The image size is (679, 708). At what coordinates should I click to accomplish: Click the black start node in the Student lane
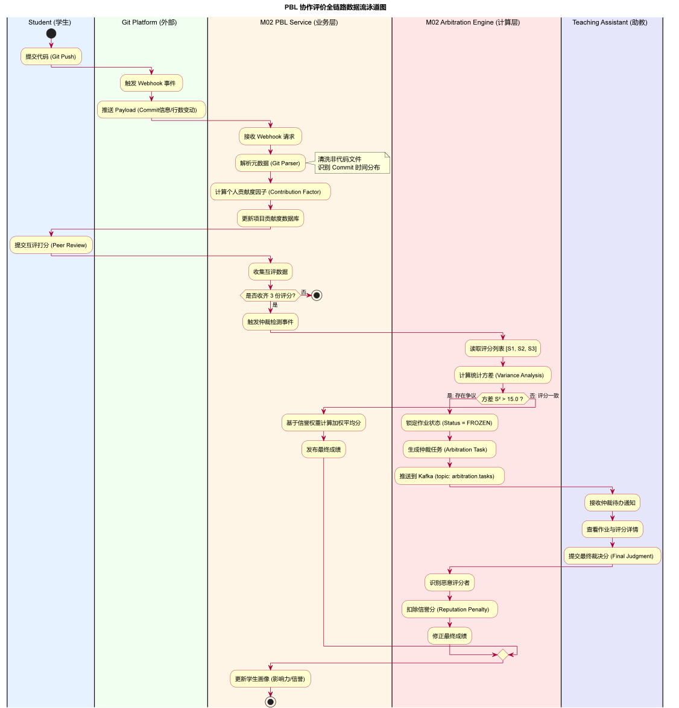click(x=51, y=34)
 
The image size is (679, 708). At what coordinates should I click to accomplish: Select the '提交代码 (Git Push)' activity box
click(x=51, y=57)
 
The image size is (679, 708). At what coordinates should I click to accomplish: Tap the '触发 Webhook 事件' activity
click(x=151, y=83)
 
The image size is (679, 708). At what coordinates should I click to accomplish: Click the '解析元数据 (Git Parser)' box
click(x=270, y=163)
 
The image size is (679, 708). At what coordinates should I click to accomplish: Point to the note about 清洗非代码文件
click(x=352, y=163)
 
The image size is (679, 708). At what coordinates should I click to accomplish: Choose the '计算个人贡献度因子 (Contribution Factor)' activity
click(x=270, y=192)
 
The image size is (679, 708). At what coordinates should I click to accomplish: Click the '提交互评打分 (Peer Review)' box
click(x=51, y=245)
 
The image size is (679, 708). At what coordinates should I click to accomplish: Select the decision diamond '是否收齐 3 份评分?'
click(x=270, y=296)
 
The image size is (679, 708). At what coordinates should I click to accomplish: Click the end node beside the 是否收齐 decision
click(x=317, y=296)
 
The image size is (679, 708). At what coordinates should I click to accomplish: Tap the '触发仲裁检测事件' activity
click(x=270, y=322)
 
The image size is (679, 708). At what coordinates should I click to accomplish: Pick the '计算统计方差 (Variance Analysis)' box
click(x=502, y=375)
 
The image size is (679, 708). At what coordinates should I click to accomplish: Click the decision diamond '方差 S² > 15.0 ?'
click(x=502, y=399)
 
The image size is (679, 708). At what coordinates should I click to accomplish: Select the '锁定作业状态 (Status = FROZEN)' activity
click(x=449, y=423)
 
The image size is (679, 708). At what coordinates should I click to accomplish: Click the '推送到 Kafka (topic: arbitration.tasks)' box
click(x=449, y=476)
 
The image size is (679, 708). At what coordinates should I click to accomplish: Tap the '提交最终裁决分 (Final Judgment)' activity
click(x=612, y=556)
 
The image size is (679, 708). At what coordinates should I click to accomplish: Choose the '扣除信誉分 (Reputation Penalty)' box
click(x=449, y=609)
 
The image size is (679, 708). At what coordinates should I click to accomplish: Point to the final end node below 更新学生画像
click(x=270, y=702)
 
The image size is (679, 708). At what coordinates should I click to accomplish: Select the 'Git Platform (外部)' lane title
click(x=150, y=22)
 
